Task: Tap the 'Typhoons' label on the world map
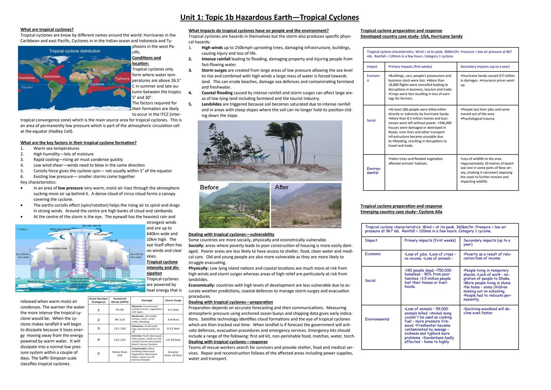coord(122,78)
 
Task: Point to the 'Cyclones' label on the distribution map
coord(97,84)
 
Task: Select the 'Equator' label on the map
coord(27,87)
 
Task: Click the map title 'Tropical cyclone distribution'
coord(75,51)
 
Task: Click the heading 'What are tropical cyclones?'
coord(47,30)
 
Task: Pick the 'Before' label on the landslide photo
coord(209,187)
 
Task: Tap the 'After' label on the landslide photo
coord(281,187)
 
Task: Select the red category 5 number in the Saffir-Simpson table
coord(99,353)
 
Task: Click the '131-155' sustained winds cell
coord(119,340)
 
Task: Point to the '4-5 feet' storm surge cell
coord(173,309)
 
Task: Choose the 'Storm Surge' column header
coord(173,300)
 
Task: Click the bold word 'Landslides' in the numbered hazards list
coord(211,104)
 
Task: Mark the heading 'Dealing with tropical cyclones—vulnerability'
coord(231,234)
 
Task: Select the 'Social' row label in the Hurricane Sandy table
coord(371,121)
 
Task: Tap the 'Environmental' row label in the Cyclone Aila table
coord(377,319)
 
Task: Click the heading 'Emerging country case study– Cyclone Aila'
coord(401,212)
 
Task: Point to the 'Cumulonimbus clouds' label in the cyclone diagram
coord(57,248)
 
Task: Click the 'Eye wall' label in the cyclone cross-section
coord(113,240)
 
